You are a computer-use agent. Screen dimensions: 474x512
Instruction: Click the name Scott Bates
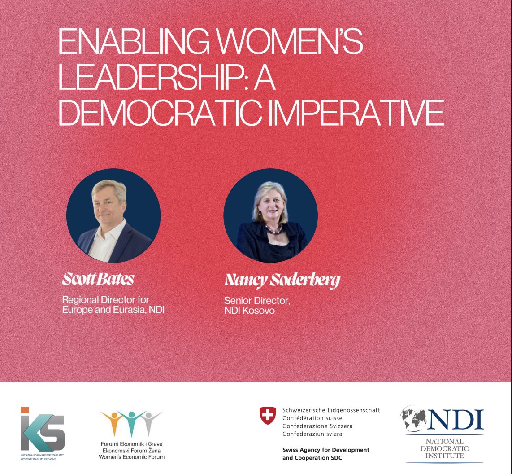point(98,279)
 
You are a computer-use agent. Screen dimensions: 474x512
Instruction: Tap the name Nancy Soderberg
point(282,281)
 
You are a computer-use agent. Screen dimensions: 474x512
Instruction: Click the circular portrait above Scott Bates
point(113,215)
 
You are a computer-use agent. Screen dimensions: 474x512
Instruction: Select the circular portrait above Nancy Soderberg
point(270,215)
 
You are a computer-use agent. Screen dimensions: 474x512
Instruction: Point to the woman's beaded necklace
point(273,230)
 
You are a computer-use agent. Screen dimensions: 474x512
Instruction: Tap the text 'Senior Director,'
point(257,301)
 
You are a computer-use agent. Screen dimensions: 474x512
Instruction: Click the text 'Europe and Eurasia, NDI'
point(113,309)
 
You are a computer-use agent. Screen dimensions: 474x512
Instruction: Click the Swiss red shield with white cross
point(268,415)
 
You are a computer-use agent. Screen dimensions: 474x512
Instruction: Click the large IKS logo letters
point(43,432)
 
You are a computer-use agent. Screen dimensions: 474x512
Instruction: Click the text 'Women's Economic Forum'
point(132,457)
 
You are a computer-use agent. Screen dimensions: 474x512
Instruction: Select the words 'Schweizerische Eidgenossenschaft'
point(331,410)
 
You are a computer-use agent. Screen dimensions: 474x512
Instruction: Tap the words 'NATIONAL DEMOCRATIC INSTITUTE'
point(444,448)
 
